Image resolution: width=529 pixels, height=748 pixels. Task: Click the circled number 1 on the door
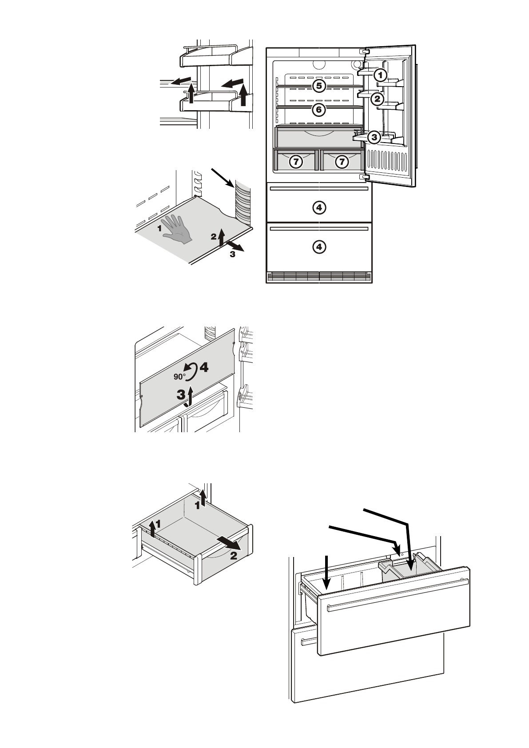point(380,75)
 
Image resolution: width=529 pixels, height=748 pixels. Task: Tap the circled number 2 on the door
point(377,99)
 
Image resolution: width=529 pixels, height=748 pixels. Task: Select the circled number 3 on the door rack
point(374,137)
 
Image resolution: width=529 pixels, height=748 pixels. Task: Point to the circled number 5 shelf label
point(319,85)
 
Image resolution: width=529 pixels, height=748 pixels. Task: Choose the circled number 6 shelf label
point(319,109)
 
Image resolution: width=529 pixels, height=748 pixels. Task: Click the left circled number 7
point(295,162)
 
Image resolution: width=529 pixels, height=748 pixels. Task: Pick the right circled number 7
point(342,162)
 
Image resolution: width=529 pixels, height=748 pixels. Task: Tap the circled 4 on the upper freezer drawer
point(319,207)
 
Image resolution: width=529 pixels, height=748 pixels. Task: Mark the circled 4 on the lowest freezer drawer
point(319,247)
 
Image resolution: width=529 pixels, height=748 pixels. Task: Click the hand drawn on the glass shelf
point(178,228)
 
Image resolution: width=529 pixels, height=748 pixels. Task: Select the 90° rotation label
point(179,377)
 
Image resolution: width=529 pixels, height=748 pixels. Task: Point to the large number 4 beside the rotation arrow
point(203,367)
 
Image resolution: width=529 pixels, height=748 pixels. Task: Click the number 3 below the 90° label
point(181,394)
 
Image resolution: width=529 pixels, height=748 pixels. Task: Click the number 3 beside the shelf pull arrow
point(232,255)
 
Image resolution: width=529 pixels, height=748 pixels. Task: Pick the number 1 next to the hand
point(159,229)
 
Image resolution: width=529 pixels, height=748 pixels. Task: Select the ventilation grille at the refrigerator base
point(318,277)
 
